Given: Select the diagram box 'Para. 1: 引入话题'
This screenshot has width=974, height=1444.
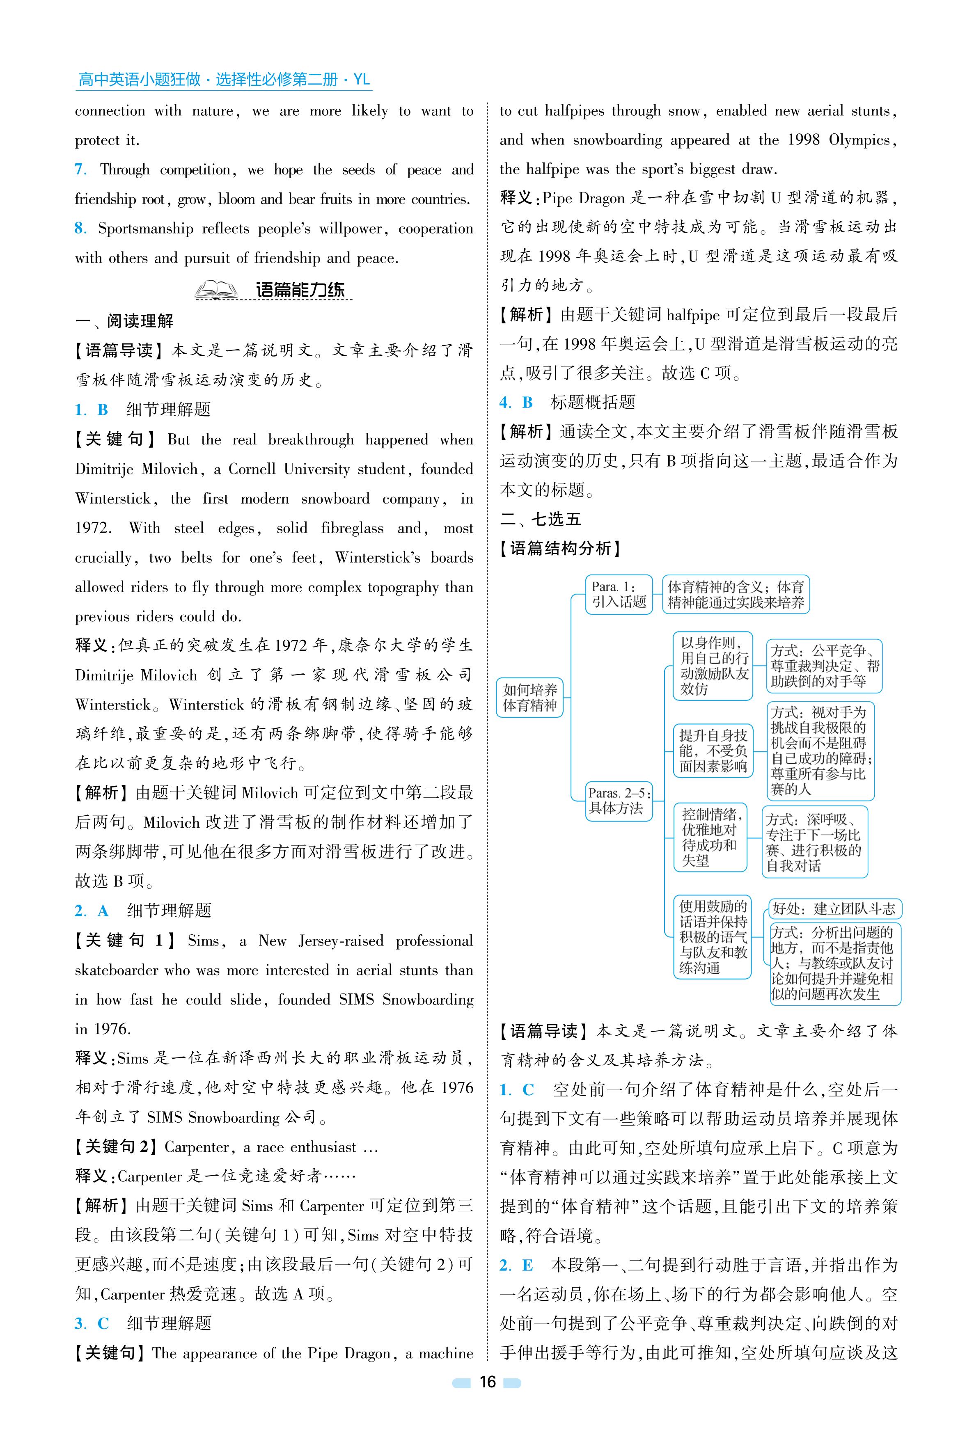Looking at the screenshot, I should pyautogui.click(x=619, y=594).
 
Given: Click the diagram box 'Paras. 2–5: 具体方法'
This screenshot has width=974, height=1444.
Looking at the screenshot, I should pyautogui.click(x=619, y=801).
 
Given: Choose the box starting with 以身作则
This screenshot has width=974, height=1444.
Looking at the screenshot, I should pyautogui.click(x=713, y=666).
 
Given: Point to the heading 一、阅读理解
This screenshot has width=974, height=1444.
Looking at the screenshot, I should pyautogui.click(x=124, y=321).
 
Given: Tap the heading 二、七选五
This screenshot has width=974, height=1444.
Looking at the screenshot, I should pyautogui.click(x=541, y=519).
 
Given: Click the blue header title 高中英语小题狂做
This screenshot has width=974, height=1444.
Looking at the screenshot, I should pyautogui.click(x=140, y=80).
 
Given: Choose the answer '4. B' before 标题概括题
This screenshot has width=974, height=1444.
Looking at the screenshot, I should pyautogui.click(x=516, y=403).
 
